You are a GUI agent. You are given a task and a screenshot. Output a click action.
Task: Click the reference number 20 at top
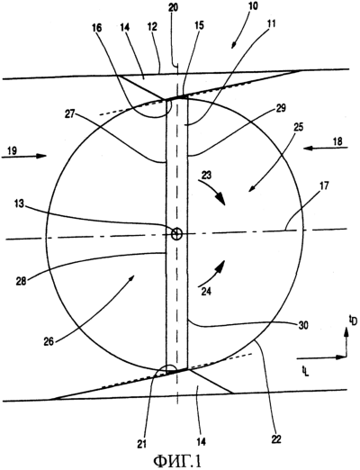point(173,7)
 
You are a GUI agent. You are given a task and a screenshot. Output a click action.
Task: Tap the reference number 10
point(253,5)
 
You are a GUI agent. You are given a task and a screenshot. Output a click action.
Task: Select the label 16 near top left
point(96,28)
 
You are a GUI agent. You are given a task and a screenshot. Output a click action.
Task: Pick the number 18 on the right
point(337,141)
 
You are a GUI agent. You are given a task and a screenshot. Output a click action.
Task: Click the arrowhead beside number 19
point(41,156)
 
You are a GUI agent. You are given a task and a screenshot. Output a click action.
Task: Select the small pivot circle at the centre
point(176,233)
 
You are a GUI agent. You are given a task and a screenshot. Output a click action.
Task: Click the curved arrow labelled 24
point(211,273)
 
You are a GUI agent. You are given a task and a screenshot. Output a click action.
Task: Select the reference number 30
point(302,325)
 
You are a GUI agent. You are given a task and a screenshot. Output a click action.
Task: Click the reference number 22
point(276,439)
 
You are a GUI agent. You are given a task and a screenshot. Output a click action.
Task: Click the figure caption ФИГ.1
point(177,461)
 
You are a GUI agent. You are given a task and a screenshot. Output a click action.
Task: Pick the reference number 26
point(49,341)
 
